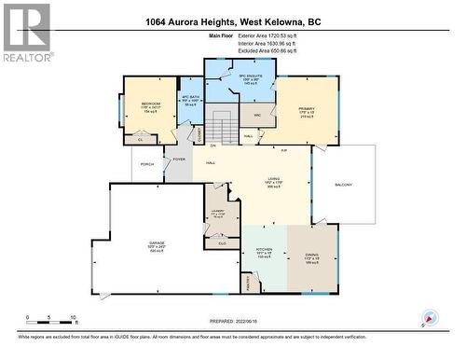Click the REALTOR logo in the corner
point(26,32)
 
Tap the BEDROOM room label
point(151,104)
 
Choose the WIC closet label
point(256,115)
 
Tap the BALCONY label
point(343,185)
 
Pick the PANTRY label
point(249,280)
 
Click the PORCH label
point(147,164)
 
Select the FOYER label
point(178,159)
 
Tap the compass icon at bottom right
point(430,318)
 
